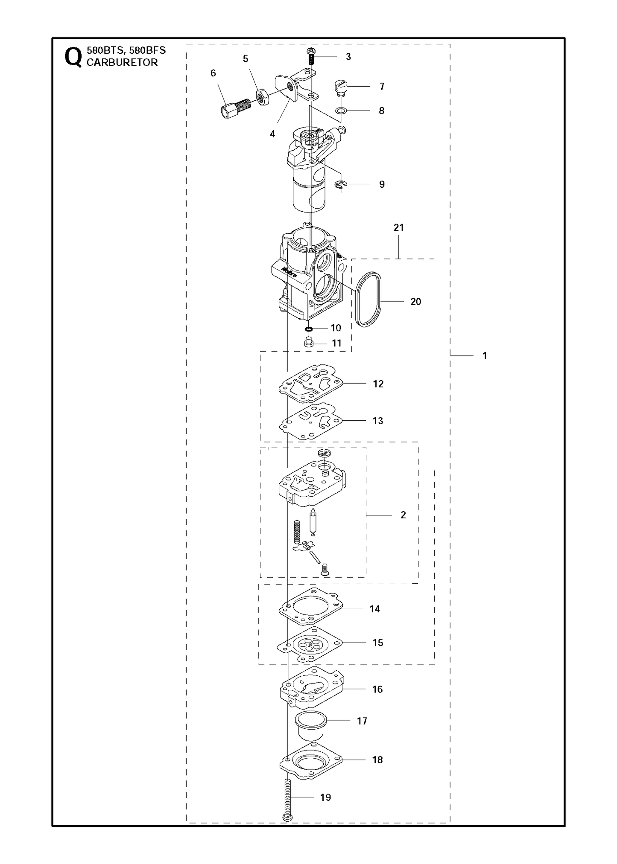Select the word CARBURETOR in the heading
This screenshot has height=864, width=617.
[122, 62]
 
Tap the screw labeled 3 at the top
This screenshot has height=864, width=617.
[310, 56]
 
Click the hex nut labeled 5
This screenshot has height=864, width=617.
[263, 98]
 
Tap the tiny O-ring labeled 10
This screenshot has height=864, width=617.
[309, 329]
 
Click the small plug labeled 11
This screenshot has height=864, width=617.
[308, 343]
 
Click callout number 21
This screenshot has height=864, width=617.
[399, 228]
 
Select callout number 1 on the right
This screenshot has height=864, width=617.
[485, 355]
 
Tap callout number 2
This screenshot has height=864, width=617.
[404, 515]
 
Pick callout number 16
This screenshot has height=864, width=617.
[377, 689]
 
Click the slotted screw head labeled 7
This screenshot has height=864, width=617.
[340, 88]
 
